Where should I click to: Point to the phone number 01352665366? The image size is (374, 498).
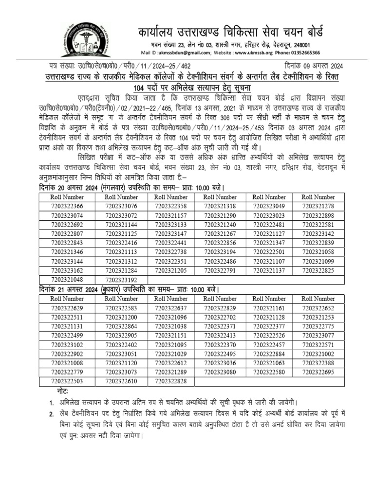[x=306, y=53]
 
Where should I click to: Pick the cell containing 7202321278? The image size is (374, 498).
[x=318, y=206]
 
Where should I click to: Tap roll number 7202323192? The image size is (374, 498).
[x=121, y=280]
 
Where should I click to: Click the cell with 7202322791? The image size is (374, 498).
[x=220, y=271]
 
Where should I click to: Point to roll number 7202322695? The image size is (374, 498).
[x=318, y=373]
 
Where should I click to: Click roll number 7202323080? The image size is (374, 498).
[x=220, y=373]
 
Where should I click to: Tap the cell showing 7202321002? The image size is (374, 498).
[x=318, y=354]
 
